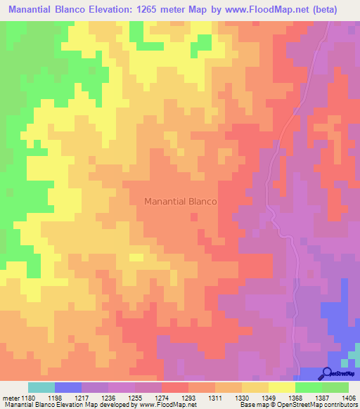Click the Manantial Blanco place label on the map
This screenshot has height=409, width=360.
point(180,201)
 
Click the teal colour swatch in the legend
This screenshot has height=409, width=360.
point(41,387)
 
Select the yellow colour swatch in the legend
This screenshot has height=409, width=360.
point(281,387)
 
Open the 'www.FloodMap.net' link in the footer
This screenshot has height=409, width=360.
point(167,404)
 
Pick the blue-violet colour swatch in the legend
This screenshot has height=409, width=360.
point(68,387)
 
